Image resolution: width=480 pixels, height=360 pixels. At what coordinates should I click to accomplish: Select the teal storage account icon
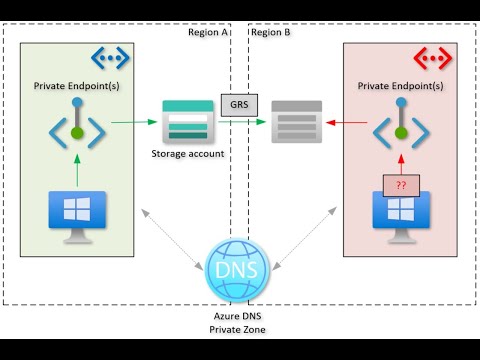(x=187, y=122)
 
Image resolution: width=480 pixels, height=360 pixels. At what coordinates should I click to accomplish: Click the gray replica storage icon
(x=297, y=122)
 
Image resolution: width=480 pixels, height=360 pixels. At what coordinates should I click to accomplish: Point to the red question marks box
(x=401, y=184)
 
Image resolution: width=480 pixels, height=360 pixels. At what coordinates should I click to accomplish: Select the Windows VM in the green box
(x=77, y=213)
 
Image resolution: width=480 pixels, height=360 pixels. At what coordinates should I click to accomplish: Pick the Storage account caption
(x=187, y=153)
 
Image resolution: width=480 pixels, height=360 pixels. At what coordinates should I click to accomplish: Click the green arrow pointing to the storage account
(x=134, y=123)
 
